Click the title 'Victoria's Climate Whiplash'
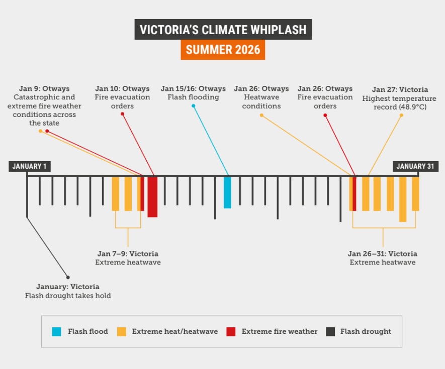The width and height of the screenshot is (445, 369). (x=223, y=29)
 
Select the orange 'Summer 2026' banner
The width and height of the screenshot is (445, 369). (x=223, y=50)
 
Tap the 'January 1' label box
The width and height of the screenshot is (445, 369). (x=30, y=167)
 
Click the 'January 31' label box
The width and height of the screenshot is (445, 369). (x=416, y=167)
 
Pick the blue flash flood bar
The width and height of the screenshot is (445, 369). (x=227, y=192)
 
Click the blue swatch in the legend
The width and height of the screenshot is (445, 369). (x=57, y=331)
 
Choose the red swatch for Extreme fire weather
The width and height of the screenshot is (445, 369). (x=231, y=331)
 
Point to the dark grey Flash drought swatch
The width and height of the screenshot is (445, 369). (x=330, y=331)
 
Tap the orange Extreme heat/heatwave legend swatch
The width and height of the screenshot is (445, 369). (x=121, y=331)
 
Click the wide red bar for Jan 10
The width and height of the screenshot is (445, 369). (x=152, y=196)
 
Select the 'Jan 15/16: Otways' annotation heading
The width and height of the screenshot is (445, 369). (x=193, y=89)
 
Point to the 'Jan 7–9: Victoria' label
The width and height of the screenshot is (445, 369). (x=128, y=254)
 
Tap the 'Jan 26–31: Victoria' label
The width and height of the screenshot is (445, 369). (x=382, y=254)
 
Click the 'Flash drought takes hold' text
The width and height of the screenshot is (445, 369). (x=68, y=296)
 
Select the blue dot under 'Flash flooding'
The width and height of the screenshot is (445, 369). (x=193, y=106)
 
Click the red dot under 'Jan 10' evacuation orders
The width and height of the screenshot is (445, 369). (x=122, y=114)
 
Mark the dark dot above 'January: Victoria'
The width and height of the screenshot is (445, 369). (x=68, y=277)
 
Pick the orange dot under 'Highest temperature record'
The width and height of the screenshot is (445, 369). (x=401, y=115)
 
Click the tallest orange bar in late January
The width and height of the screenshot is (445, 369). (x=403, y=199)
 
